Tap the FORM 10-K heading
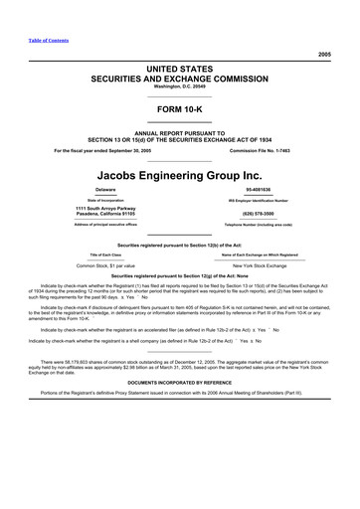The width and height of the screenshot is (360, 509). pyautogui.click(x=180, y=108)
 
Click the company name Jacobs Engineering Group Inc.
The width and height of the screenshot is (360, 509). pyautogui.click(x=180, y=170)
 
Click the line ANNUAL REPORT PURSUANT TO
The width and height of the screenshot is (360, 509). pyautogui.click(x=180, y=131)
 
